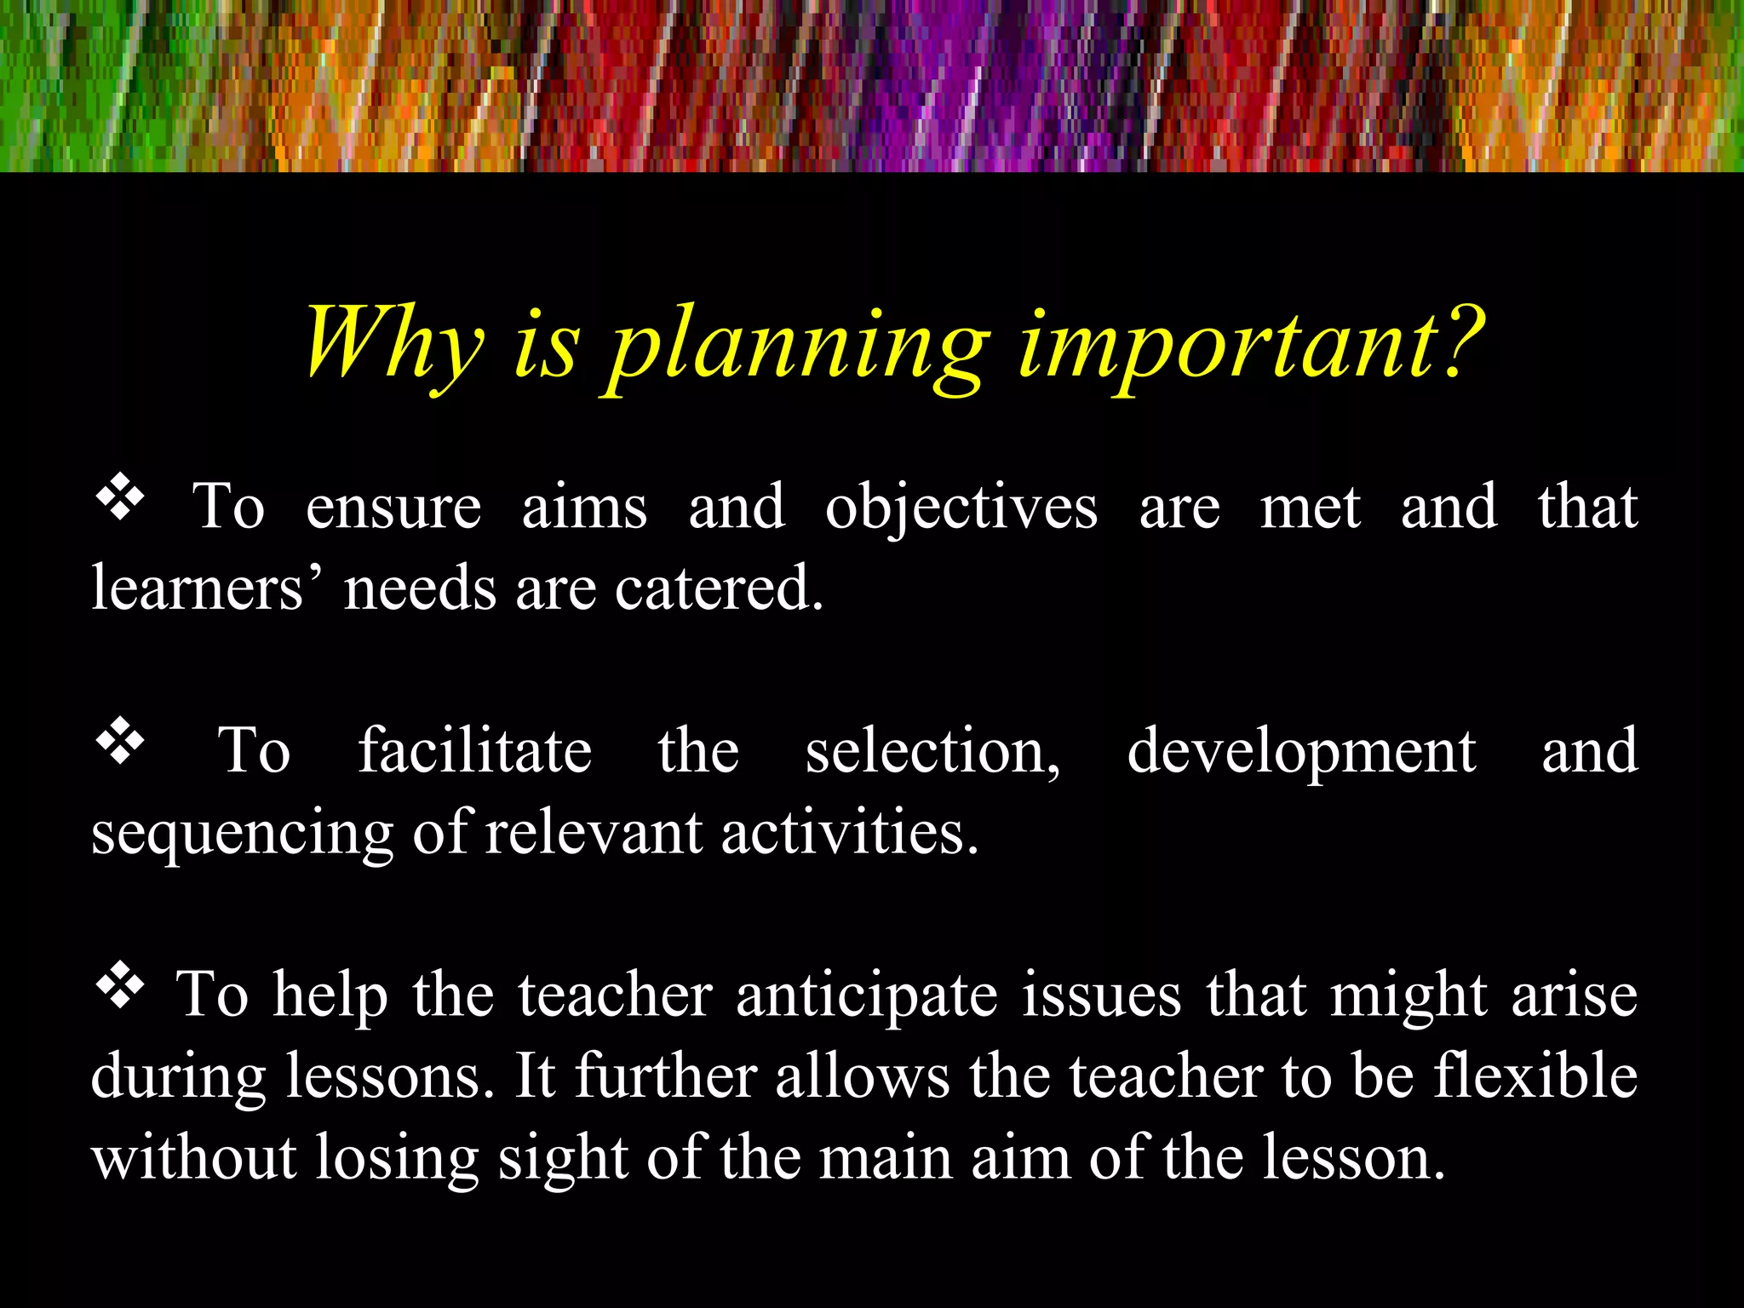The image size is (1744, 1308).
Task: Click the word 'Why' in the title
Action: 393,342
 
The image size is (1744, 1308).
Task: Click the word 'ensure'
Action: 393,508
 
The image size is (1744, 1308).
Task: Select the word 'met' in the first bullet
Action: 1310,508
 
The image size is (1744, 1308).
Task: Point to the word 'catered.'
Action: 720,588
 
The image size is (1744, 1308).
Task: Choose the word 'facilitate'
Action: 474,750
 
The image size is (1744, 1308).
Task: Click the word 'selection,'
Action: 933,752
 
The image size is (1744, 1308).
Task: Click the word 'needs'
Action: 420,588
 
